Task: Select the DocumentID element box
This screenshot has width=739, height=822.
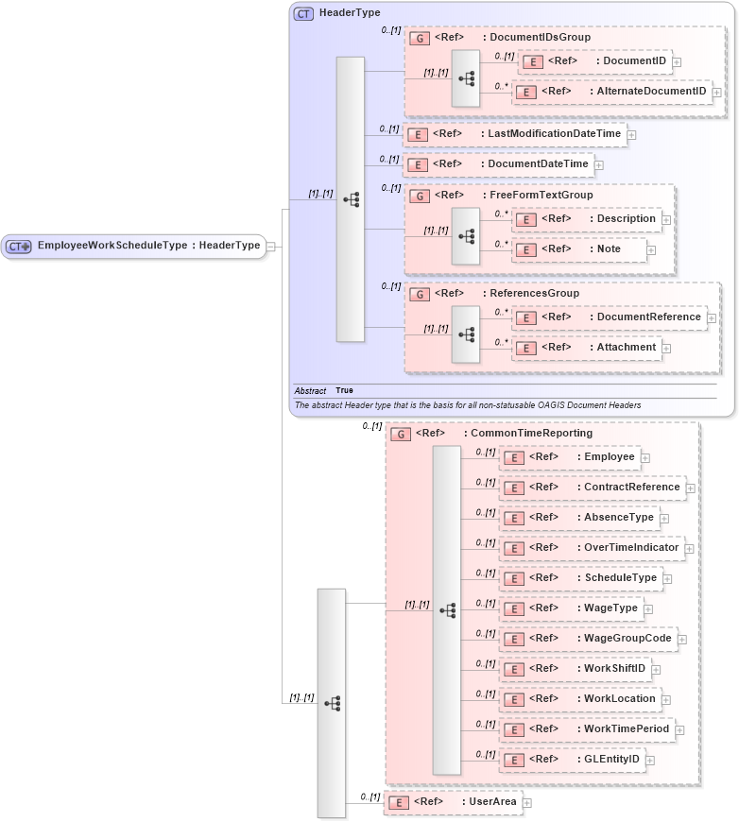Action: [x=595, y=61]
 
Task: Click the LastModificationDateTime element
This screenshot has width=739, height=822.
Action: [x=514, y=134]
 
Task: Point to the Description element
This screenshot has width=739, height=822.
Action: [x=587, y=219]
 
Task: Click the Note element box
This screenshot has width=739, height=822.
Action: [x=579, y=249]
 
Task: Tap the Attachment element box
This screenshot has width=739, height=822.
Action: [x=587, y=348]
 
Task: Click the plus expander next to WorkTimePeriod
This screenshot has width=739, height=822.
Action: [x=679, y=729]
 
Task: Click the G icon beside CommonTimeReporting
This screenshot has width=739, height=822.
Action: [x=401, y=434]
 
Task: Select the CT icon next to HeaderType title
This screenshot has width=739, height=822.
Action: [x=304, y=13]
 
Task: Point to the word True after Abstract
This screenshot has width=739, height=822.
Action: [x=344, y=390]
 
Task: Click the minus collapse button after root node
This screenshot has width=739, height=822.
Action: [x=271, y=247]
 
